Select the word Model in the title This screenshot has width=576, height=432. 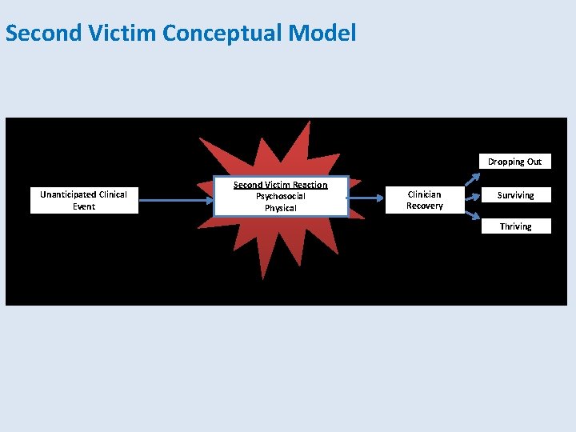pyautogui.click(x=326, y=34)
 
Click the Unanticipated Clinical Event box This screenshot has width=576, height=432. pyautogui.click(x=84, y=200)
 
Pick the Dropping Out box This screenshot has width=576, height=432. pyautogui.click(x=514, y=162)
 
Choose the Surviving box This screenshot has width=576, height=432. pyautogui.click(x=515, y=195)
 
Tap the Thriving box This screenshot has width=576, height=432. pyautogui.click(x=515, y=226)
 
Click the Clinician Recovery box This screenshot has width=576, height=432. pyautogui.click(x=424, y=200)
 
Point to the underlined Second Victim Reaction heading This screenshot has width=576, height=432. pyautogui.click(x=280, y=185)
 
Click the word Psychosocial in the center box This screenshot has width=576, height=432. pyautogui.click(x=280, y=196)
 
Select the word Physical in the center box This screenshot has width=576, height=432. pyautogui.click(x=280, y=208)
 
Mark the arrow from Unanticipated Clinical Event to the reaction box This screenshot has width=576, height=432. pyautogui.click(x=176, y=200)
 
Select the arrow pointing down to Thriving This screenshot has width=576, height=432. pyautogui.click(x=473, y=214)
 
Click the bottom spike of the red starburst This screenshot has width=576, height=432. pyautogui.click(x=262, y=268)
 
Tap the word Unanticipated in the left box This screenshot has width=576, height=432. pyautogui.click(x=69, y=194)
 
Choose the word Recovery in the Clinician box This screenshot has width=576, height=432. pyautogui.click(x=424, y=206)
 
